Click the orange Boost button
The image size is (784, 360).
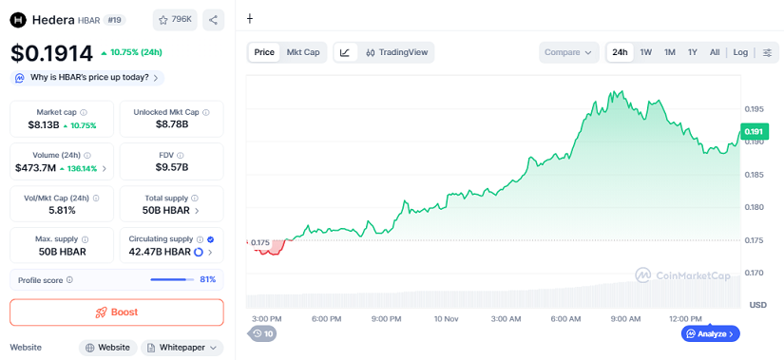[116, 312]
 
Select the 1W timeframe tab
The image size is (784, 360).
[646, 52]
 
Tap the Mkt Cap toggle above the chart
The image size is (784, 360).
[303, 52]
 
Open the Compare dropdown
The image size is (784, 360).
[569, 52]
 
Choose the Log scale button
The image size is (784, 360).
[740, 52]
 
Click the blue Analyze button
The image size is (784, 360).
[710, 333]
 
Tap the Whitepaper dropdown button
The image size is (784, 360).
[182, 348]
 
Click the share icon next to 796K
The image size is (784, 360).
[213, 19]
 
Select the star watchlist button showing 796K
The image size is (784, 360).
[175, 19]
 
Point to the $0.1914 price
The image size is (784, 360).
[51, 53]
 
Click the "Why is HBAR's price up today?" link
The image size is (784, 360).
[86, 78]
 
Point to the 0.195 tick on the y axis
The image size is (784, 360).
[755, 109]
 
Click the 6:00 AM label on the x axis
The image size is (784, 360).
[565, 319]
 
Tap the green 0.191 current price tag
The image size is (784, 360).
[754, 132]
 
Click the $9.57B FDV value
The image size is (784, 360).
[172, 167]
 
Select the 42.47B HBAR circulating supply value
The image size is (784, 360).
[159, 252]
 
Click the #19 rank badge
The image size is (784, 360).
[114, 19]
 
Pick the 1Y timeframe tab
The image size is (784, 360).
[693, 52]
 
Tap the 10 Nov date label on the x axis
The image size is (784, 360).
[446, 319]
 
